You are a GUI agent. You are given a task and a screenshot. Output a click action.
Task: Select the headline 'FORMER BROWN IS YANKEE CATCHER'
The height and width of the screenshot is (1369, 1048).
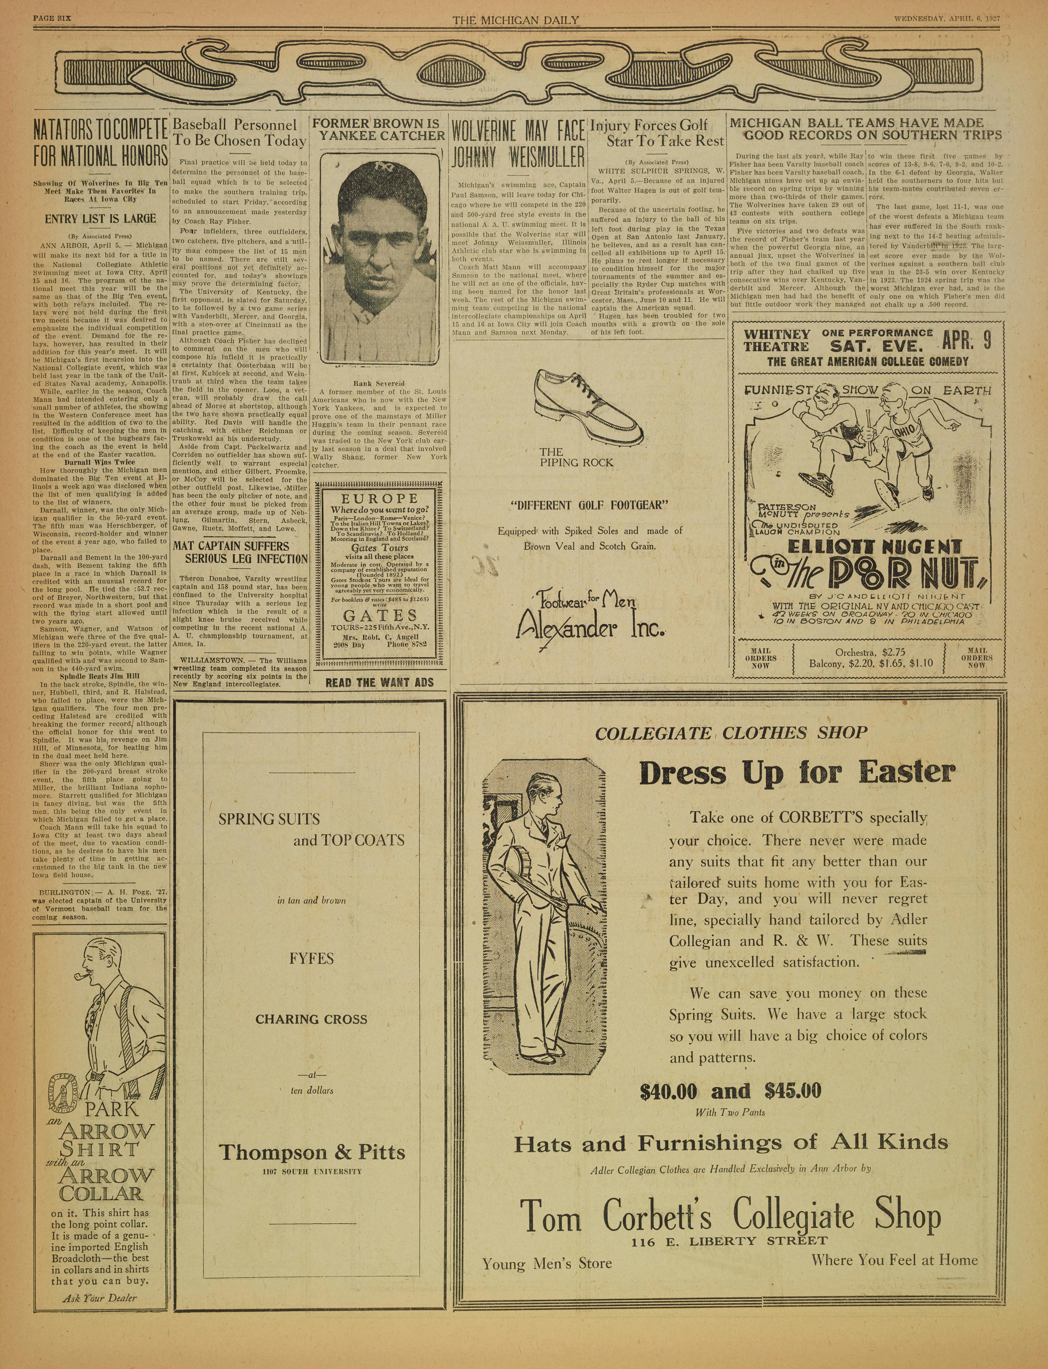click(379, 129)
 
